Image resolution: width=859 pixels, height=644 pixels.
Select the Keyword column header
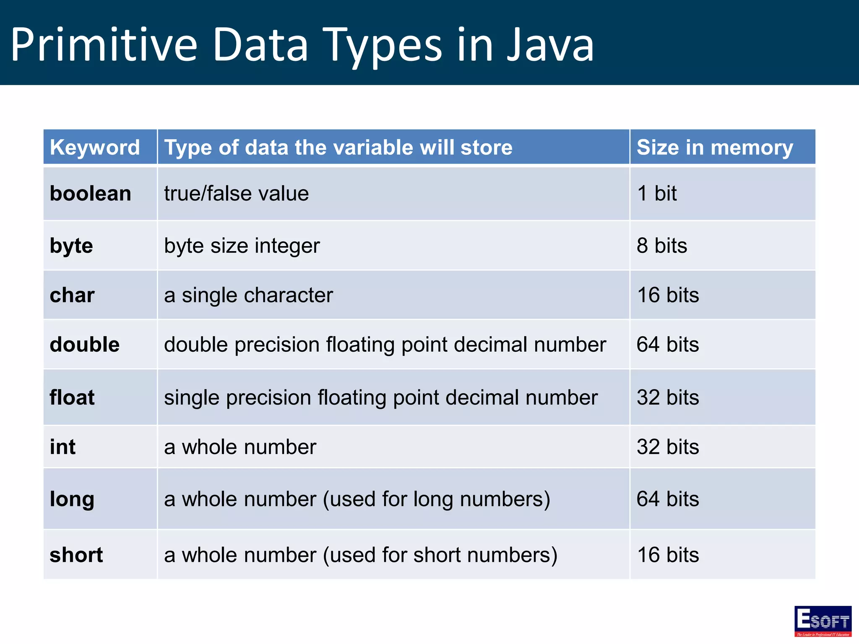coord(95,148)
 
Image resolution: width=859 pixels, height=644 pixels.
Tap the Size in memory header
coord(715,148)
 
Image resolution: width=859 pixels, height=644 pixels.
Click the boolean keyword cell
coord(91,194)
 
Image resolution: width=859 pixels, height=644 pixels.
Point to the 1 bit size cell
coord(657,194)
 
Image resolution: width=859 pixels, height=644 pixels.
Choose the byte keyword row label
coord(71,246)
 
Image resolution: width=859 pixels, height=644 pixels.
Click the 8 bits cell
coord(662,246)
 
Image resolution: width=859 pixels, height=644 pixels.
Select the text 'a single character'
coord(248,295)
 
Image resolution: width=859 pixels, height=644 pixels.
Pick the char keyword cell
coord(72,295)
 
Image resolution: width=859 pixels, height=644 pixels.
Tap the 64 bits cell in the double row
coord(668,345)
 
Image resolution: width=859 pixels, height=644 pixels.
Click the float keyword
coord(72,397)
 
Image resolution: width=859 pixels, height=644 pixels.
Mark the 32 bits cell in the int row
coord(668,447)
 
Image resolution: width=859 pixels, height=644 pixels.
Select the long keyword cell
coord(72,499)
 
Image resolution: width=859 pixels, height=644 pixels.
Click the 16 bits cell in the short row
coord(668,555)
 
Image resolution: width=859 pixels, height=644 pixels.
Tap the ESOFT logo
coord(823,621)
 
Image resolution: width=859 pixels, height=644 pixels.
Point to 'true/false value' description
coord(237,194)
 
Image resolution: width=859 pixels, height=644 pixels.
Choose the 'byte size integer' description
coord(242,246)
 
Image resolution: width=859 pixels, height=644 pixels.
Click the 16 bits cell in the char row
coord(668,295)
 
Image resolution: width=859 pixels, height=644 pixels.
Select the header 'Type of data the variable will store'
coord(338,148)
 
